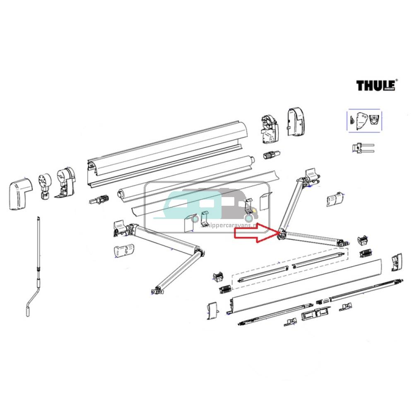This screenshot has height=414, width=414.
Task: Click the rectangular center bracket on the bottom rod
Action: click(315, 313)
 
